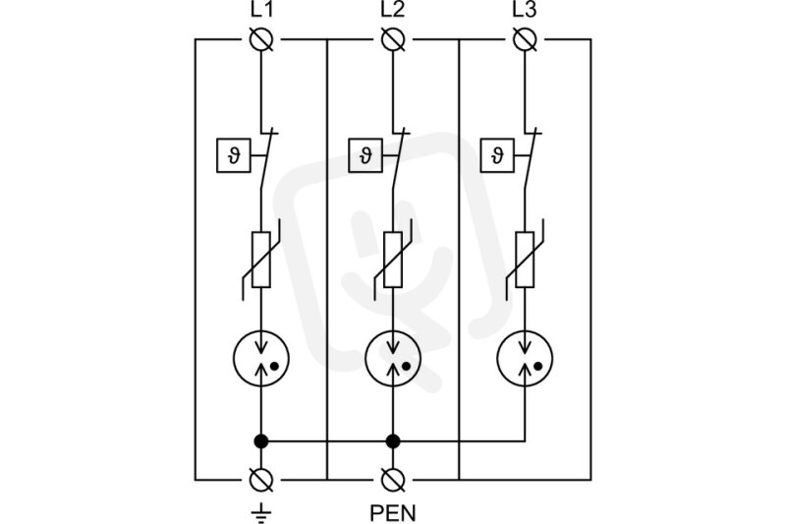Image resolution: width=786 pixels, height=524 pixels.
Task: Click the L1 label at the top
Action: pos(261,10)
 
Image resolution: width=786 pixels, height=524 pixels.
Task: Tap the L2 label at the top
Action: pos(392,10)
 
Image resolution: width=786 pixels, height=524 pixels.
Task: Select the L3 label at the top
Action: pos(525,10)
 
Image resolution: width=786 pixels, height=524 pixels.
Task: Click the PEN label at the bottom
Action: pos(393,513)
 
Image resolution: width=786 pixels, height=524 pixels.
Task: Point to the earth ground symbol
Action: pos(261,513)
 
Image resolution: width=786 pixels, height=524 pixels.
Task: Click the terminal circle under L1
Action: pos(261,39)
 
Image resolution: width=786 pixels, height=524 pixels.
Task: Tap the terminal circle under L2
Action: pos(393,39)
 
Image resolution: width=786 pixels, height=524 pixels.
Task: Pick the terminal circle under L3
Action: pos(525,39)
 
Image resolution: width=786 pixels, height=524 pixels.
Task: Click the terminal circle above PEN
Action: pos(393,480)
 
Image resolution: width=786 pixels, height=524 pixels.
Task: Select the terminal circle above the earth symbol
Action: pos(261,480)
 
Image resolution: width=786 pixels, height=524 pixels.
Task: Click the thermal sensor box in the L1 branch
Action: pos(234,156)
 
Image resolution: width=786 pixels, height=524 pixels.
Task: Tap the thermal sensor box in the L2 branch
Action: pos(365,156)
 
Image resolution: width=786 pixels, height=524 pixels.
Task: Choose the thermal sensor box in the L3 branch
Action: pos(497,156)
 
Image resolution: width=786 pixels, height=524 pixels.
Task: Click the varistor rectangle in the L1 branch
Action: pos(261,260)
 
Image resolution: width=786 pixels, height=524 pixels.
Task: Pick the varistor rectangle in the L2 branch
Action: pos(393,260)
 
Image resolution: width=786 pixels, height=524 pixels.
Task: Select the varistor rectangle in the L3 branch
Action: pos(525,260)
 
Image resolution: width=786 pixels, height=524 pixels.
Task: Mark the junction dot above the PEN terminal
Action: pos(393,441)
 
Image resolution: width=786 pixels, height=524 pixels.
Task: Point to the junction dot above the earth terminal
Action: pos(261,441)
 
